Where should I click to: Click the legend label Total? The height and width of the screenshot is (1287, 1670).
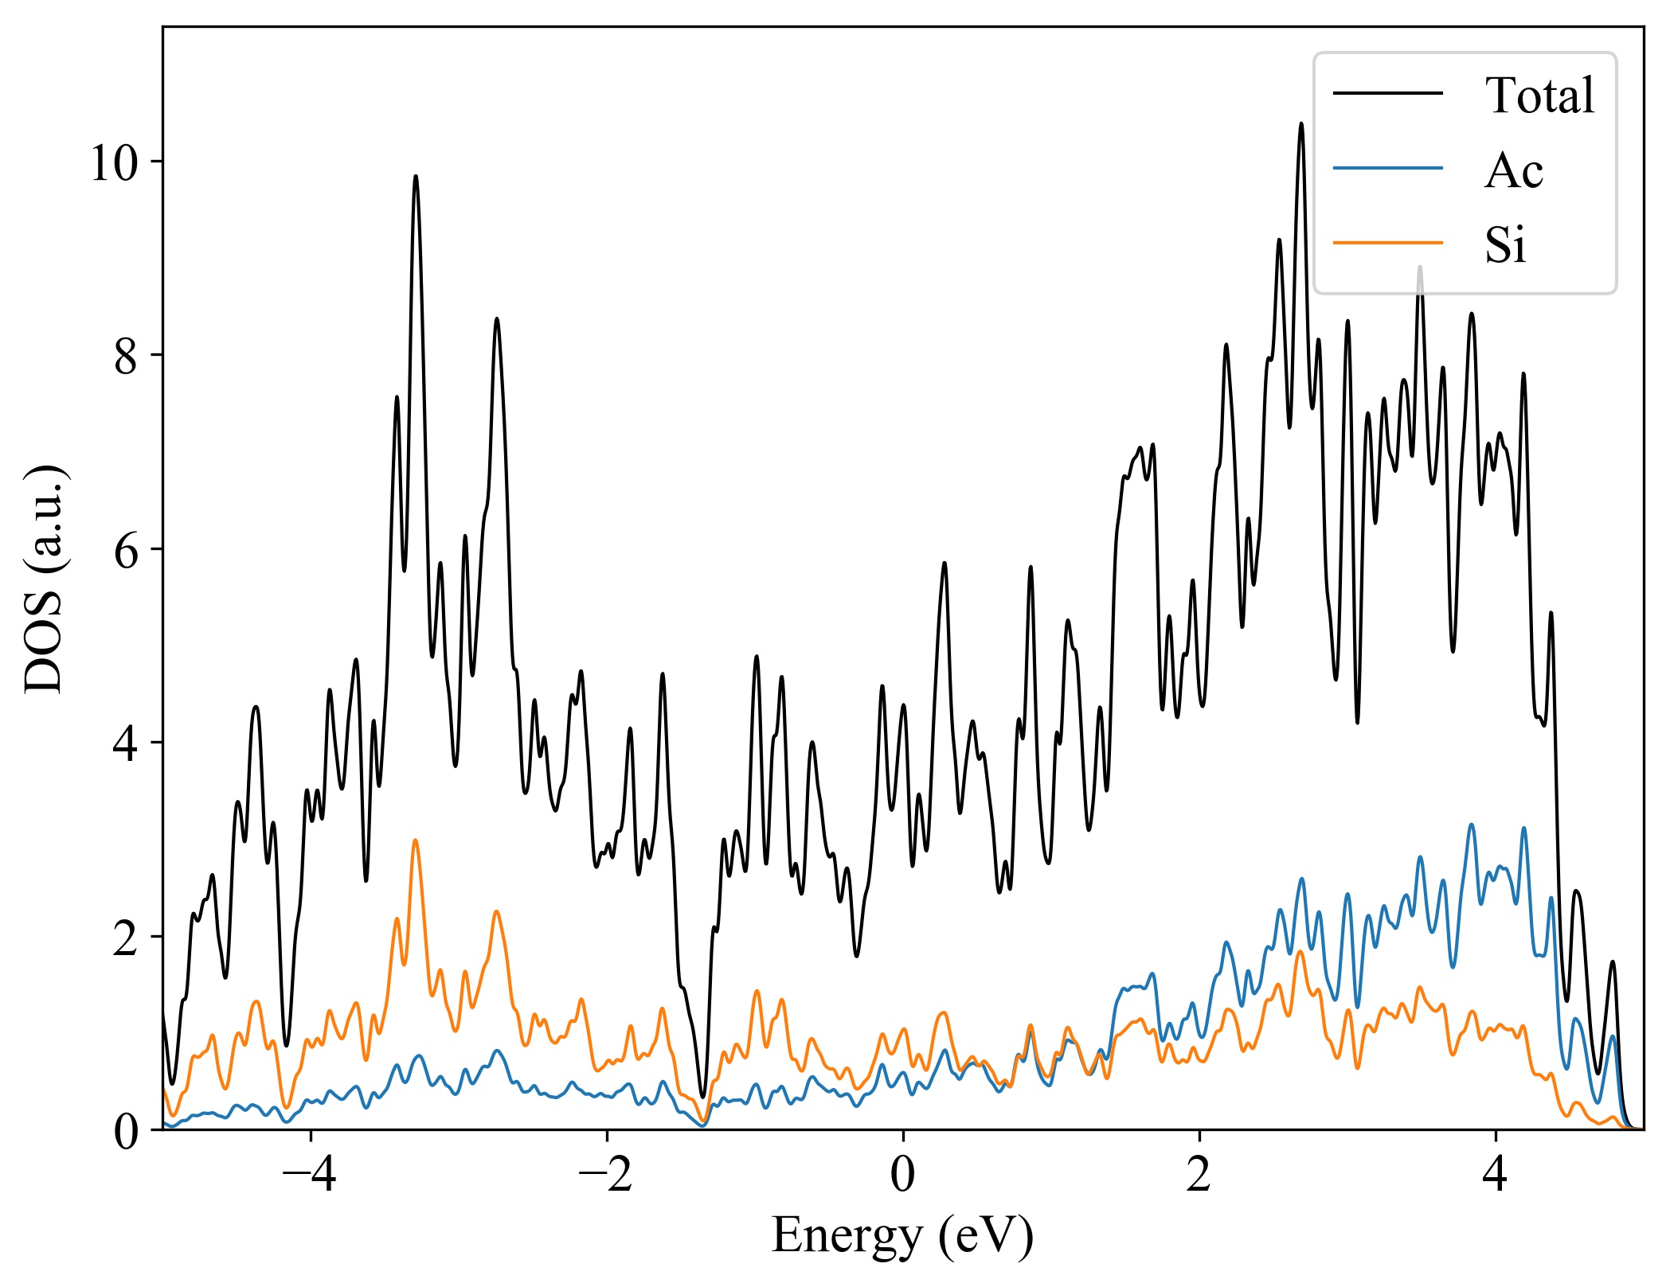pyautogui.click(x=1539, y=96)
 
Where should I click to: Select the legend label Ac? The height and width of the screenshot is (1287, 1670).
pyautogui.click(x=1513, y=170)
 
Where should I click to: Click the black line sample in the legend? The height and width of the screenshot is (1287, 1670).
pyautogui.click(x=1388, y=94)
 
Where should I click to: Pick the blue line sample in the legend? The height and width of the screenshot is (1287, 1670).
pyautogui.click(x=1388, y=168)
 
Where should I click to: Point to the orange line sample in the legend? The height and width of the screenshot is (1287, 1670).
pyautogui.click(x=1388, y=242)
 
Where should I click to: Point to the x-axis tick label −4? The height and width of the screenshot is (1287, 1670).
pyautogui.click(x=309, y=1174)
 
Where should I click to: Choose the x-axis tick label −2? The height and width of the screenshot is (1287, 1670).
pyautogui.click(x=605, y=1174)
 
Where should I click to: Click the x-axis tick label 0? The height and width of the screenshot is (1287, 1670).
pyautogui.click(x=902, y=1174)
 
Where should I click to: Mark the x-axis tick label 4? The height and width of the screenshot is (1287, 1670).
pyautogui.click(x=1495, y=1174)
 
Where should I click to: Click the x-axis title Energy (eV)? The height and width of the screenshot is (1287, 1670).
pyautogui.click(x=902, y=1235)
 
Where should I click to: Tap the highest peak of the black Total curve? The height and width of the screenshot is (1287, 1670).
pyautogui.click(x=1301, y=124)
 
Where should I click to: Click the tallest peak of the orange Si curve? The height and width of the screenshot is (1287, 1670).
pyautogui.click(x=415, y=840)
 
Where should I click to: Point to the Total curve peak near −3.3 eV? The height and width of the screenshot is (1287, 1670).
pyautogui.click(x=415, y=177)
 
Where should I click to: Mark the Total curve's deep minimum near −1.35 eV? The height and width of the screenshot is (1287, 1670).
pyautogui.click(x=702, y=1097)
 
